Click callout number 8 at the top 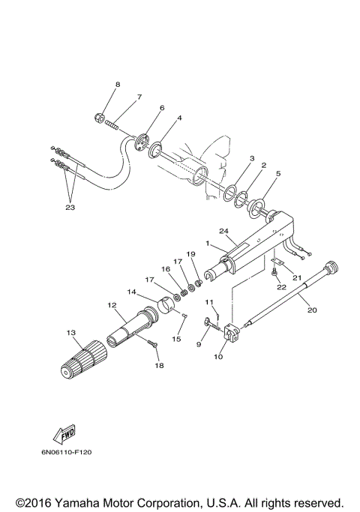point(117,84)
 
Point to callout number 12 point(112,305)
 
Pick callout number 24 point(223,230)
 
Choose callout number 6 point(159,108)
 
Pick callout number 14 point(132,291)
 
